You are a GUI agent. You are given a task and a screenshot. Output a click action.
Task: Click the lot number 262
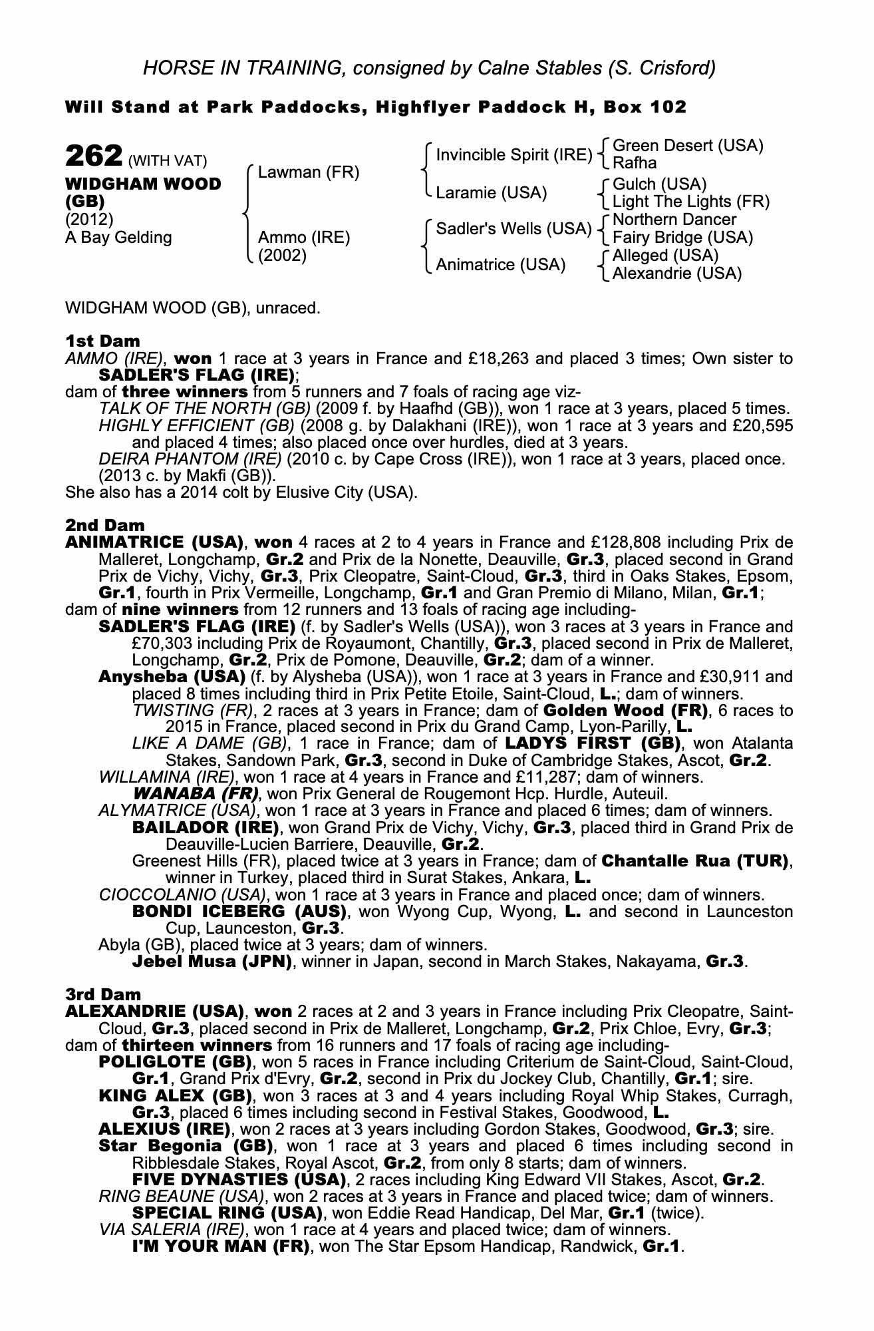coord(92,157)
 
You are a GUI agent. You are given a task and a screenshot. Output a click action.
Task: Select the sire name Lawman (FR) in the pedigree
coord(308,173)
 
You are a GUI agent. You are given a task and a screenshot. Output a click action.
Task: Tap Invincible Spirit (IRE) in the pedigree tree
coord(513,156)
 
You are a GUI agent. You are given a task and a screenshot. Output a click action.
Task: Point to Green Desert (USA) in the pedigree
coord(687,146)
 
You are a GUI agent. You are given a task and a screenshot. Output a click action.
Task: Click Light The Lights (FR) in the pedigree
coord(690,202)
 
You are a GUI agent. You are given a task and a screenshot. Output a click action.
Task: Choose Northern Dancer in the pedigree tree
coord(674,220)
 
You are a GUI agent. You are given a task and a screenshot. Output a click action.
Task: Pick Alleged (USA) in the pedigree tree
coord(665,256)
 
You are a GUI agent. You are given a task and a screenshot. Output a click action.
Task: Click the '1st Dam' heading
coord(103,341)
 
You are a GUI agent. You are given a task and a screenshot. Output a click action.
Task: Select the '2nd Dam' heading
coord(104,526)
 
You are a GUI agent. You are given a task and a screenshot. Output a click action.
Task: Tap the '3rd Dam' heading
coord(104,994)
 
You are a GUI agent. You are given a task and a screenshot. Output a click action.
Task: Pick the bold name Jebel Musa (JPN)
coord(212,962)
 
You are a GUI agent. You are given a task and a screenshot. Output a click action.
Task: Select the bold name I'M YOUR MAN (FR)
coord(221,1246)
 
